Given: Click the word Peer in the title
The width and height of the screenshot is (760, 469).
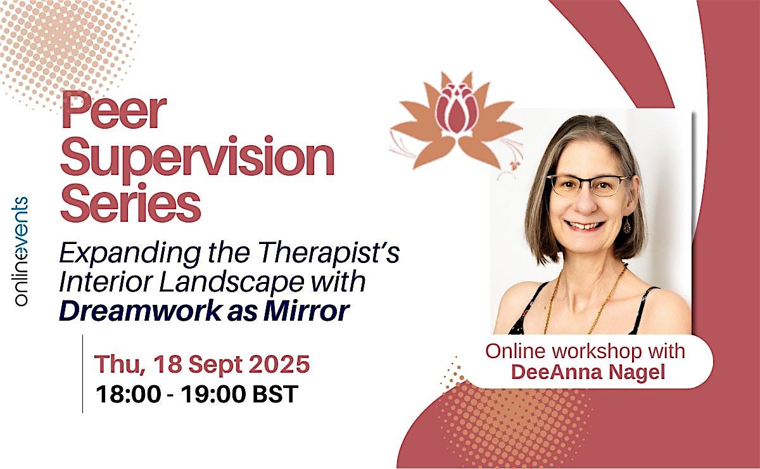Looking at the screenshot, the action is click(x=113, y=111).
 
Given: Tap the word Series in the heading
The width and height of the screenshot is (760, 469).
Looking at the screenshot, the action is click(x=130, y=203).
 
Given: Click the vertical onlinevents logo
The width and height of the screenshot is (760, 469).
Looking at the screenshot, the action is click(x=21, y=252).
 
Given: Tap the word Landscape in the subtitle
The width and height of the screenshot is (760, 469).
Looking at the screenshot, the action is click(x=232, y=283).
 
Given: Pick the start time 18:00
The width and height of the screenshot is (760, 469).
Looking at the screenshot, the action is click(x=128, y=394).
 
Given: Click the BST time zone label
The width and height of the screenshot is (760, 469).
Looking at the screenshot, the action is click(x=276, y=394).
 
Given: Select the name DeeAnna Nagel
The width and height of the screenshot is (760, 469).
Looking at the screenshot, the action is click(x=588, y=372).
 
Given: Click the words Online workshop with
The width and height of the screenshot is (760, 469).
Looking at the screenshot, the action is click(x=585, y=351).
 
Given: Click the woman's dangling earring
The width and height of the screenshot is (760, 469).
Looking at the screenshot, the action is click(x=628, y=225).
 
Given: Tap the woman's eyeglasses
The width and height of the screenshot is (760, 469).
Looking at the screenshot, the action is click(x=589, y=186).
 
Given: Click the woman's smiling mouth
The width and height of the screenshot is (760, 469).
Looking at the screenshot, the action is click(x=585, y=225).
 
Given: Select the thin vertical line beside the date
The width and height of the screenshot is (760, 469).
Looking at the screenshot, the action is click(x=83, y=374).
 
